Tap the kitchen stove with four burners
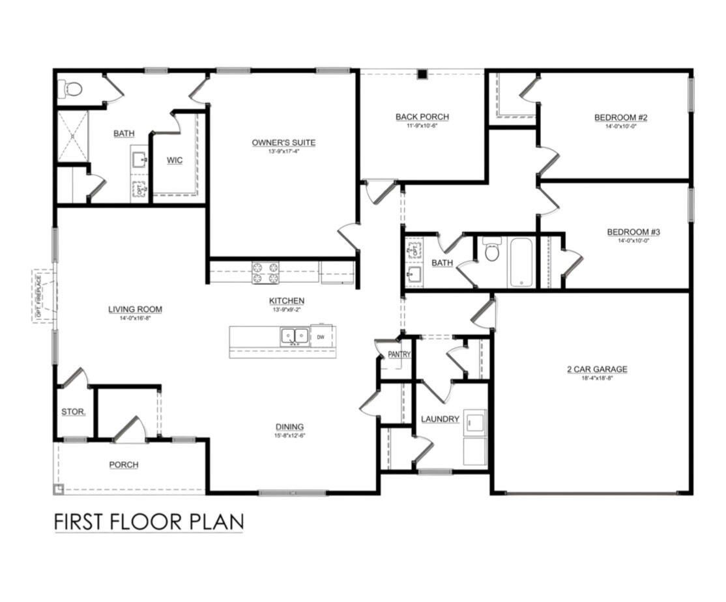[265, 272]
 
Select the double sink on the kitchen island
[295, 336]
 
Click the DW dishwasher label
[321, 337]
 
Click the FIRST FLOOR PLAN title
[149, 522]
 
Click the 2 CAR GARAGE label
[596, 369]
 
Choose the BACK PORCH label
[422, 117]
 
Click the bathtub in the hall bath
[522, 263]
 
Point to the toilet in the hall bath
[492, 250]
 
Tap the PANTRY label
[399, 354]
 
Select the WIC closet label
[175, 160]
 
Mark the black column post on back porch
[422, 74]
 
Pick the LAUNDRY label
[440, 419]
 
